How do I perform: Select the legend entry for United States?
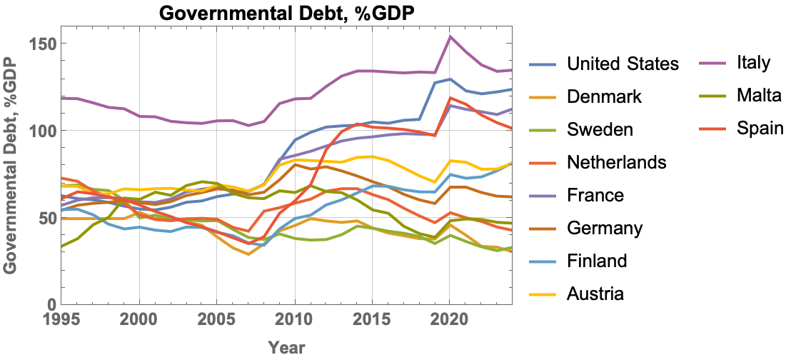pos(622,64)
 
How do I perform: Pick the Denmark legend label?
pos(604,96)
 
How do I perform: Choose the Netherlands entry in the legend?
pos(616,162)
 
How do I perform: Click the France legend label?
pos(595,195)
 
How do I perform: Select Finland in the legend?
pos(597,261)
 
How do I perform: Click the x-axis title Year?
pos(287,348)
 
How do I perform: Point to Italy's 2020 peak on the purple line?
pos(450,36)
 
